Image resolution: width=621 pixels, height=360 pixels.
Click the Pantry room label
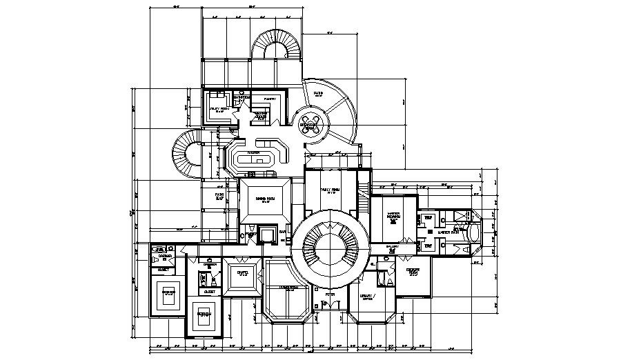coord(269,99)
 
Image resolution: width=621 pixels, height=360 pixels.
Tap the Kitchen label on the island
coord(253,152)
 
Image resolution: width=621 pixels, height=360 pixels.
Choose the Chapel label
coord(242,272)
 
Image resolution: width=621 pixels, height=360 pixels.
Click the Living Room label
coord(288,288)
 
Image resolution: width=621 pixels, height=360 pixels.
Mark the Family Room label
coord(330,190)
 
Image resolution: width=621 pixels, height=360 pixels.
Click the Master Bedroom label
coord(393,215)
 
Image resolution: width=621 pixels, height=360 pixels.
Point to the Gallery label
coord(393,246)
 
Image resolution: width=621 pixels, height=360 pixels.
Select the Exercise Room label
coord(413,272)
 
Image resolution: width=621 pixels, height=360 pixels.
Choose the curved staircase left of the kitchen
coord(186,153)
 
